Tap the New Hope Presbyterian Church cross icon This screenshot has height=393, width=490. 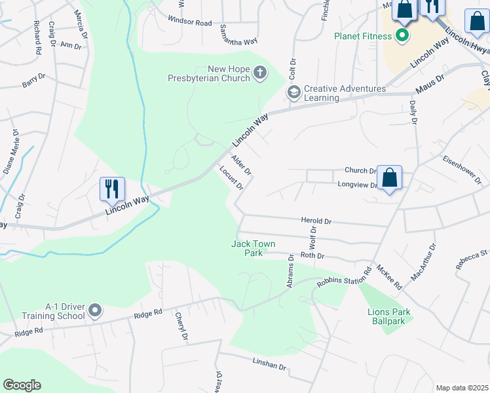[260, 73]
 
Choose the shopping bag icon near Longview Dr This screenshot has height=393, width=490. [389, 178]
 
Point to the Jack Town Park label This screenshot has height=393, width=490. [254, 248]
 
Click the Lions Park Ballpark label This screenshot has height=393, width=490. [389, 317]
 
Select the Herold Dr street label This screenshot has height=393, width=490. [316, 222]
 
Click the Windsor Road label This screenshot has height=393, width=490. [190, 22]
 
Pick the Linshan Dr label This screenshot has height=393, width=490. [270, 364]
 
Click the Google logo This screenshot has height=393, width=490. [22, 385]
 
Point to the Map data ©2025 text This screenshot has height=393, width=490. [461, 388]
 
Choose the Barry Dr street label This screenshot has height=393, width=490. [33, 81]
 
